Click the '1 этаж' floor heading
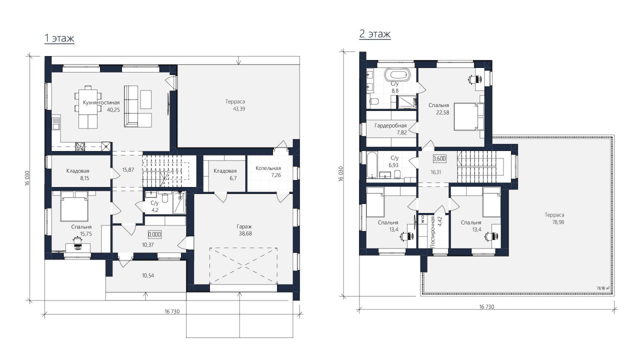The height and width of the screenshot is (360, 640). [x=59, y=38]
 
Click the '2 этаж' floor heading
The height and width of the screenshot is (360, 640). [x=375, y=34]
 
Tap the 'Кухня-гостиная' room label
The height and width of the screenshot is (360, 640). [x=101, y=102]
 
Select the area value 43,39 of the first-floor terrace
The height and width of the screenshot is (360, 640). [x=239, y=109]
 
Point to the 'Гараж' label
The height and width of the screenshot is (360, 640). [x=244, y=226]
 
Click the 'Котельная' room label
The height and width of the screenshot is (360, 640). [x=268, y=168]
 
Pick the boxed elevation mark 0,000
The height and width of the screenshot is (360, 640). [x=154, y=234]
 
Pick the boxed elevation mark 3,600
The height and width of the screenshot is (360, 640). [x=439, y=158]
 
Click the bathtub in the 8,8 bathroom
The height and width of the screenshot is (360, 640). [x=397, y=75]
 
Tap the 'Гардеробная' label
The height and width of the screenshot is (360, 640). [x=390, y=125]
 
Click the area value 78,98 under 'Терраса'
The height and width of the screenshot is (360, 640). [x=558, y=222]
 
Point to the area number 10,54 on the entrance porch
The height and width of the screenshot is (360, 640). [x=148, y=275]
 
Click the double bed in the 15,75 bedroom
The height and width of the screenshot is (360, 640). [x=74, y=206]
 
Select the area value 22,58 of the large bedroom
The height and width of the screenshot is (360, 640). [x=442, y=112]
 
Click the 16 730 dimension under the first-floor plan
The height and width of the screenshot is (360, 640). [x=172, y=311]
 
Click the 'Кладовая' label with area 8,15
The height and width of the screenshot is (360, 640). [x=77, y=171]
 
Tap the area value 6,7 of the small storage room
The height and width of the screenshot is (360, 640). [x=233, y=178]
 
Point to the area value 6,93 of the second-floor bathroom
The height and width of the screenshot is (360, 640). [x=393, y=165]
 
